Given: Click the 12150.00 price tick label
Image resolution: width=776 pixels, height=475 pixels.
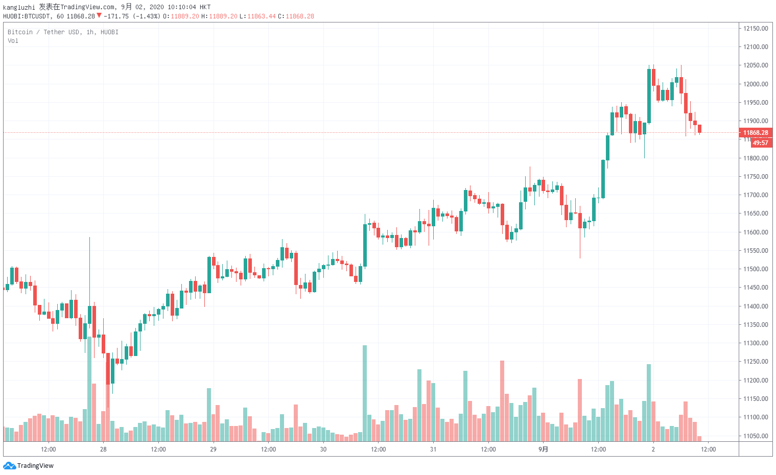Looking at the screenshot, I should (x=756, y=29).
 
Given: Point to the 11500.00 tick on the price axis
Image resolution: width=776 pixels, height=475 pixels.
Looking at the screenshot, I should (x=756, y=269).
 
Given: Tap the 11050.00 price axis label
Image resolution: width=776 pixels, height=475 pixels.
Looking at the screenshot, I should (x=756, y=436).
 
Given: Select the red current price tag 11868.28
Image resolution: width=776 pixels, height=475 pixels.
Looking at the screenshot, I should (x=756, y=133).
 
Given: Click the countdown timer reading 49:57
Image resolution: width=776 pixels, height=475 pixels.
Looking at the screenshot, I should (x=760, y=143).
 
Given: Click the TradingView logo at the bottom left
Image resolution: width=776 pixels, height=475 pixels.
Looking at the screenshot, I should (x=29, y=465).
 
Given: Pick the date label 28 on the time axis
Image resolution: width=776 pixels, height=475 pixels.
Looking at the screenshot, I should (x=103, y=449).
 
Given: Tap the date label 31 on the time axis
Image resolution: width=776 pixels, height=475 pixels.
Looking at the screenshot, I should (x=433, y=449).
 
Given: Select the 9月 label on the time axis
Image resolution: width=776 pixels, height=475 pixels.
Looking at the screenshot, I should (x=543, y=449).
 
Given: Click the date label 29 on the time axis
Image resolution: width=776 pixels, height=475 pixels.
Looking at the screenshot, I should (x=213, y=449).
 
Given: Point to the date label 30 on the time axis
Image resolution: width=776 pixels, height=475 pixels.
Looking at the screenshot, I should (x=323, y=449).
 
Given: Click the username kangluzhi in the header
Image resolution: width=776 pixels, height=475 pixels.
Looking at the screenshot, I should (x=19, y=7).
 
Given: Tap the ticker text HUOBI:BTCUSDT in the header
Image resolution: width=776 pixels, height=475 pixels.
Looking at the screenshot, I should (x=27, y=16).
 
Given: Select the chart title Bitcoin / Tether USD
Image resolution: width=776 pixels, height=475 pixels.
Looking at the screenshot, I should (x=43, y=32).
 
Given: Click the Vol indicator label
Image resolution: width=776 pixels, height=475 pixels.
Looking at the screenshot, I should (x=13, y=41).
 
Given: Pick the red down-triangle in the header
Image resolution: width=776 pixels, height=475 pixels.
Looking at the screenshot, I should (x=99, y=16).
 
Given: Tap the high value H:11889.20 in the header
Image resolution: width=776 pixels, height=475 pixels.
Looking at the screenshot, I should (x=219, y=16).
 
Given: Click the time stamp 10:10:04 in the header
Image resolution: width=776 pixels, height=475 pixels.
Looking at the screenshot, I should (x=182, y=7).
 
